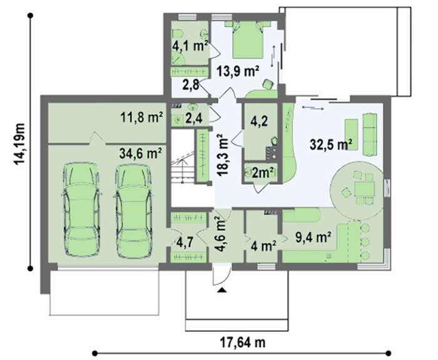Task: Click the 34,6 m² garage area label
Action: (x=141, y=153)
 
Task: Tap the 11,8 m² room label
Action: (x=141, y=118)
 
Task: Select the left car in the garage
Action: (x=81, y=210)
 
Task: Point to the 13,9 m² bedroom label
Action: (x=238, y=71)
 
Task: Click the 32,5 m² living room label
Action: (x=331, y=145)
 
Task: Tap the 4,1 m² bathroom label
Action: (x=190, y=46)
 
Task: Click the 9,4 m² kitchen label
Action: (x=313, y=237)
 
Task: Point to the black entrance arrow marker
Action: (x=222, y=290)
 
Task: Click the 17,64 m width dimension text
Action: (x=243, y=342)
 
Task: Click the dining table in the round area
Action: (x=365, y=189)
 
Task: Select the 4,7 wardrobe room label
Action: (x=185, y=243)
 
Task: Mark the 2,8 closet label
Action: (x=191, y=85)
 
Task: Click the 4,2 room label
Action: (x=259, y=121)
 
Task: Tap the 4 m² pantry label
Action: (x=263, y=247)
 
